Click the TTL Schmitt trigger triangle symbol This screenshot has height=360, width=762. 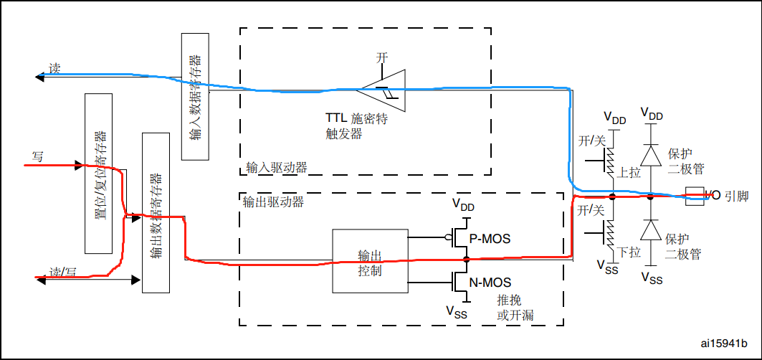tap(384, 89)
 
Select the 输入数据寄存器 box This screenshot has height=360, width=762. tap(196, 96)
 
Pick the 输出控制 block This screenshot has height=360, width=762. tap(369, 261)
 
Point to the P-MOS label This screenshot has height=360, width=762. tap(490, 238)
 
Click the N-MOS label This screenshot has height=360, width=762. tap(490, 282)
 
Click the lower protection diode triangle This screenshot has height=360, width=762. tap(651, 229)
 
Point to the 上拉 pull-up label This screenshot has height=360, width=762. tap(629, 173)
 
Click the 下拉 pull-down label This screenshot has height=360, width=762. tap(629, 252)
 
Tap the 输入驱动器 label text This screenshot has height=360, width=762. tap(276, 168)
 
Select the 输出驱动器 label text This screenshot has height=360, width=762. tap(274, 202)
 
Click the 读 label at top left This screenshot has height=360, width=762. tap(54, 69)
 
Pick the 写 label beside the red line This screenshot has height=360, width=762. tap(38, 156)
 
